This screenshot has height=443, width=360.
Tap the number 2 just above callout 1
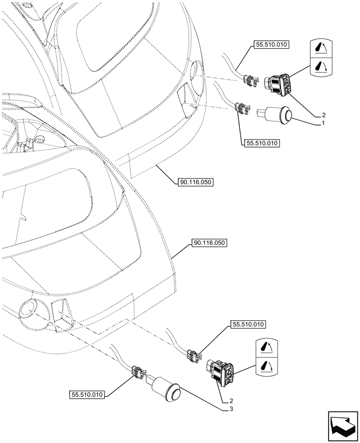tap(324, 114)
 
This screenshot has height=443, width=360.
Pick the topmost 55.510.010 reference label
tap(270, 45)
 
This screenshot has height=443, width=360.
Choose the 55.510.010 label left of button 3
tap(87, 394)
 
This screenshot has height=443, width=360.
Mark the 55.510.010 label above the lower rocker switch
tap(247, 325)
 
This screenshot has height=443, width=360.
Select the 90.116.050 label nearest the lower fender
tap(209, 243)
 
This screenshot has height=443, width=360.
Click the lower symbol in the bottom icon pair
tap(267, 366)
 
